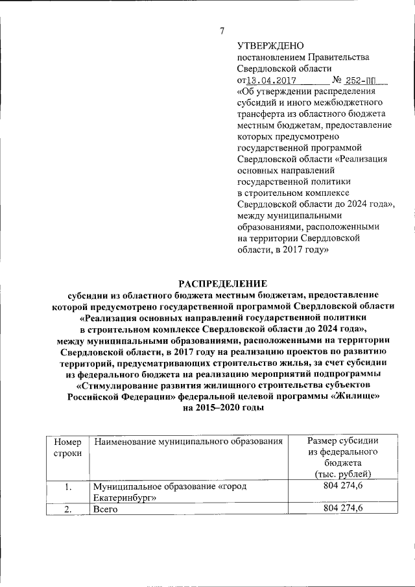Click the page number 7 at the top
[x=222, y=30]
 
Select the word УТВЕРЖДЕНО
[x=271, y=45]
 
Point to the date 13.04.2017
[x=271, y=81]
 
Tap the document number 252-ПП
[x=366, y=81]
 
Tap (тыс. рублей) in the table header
[x=343, y=474]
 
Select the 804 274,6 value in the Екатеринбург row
[x=343, y=486]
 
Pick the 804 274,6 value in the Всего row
[x=343, y=509]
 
